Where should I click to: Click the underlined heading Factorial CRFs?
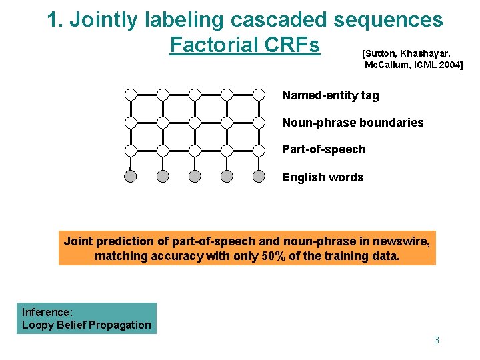coord(245,45)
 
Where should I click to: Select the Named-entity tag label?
coord(330,95)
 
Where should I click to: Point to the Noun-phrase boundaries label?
coord(352,123)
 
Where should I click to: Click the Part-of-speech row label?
coord(323,149)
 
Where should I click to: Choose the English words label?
coord(323,177)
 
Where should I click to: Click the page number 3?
coord(437,340)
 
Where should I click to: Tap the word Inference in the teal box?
coord(47,312)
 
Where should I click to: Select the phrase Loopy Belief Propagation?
coord(87,325)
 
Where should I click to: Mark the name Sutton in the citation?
coord(380,52)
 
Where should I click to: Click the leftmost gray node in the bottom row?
coord(131,177)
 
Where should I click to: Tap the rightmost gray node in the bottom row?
coord(259,177)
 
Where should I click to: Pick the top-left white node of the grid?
coord(131,95)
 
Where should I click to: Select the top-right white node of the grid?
coord(259,95)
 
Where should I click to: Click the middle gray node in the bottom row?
coord(195,177)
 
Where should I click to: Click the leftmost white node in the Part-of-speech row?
coord(131,150)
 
